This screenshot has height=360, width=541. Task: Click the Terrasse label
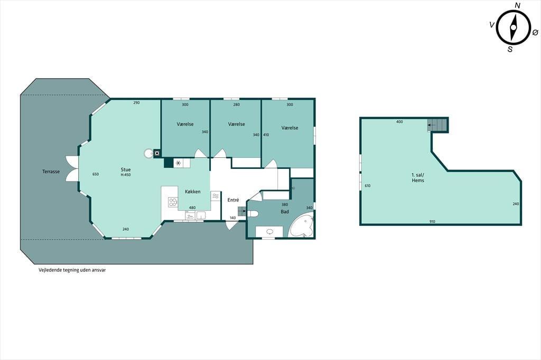(51, 172)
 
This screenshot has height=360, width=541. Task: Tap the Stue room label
(126, 169)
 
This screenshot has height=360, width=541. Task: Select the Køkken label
(192, 192)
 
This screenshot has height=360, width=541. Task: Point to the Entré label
(233, 200)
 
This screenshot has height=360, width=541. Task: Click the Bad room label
(285, 211)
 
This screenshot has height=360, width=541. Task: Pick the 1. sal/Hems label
(418, 177)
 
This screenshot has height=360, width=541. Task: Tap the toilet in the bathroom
(253, 214)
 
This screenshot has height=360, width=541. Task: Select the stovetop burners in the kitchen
(173, 202)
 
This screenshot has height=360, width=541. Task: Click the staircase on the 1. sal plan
(437, 125)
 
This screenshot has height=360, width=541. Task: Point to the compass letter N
(518, 5)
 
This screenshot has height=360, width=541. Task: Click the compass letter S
(510, 49)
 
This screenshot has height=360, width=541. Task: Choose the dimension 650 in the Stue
(96, 174)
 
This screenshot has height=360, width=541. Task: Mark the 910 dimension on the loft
(432, 221)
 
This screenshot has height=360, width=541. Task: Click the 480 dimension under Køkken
(192, 207)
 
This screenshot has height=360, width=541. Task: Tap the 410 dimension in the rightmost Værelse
(266, 135)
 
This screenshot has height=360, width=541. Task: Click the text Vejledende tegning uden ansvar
(72, 270)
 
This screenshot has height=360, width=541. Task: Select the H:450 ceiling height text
(126, 175)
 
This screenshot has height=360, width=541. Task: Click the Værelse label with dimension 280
(236, 124)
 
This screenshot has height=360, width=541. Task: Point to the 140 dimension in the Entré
(233, 218)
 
